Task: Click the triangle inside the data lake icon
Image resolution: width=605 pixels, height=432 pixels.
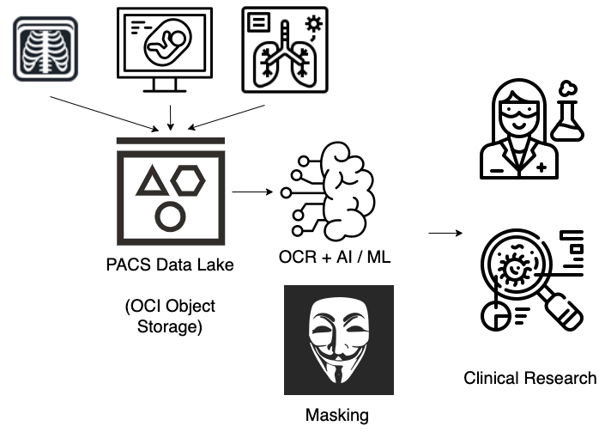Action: pyautogui.click(x=153, y=181)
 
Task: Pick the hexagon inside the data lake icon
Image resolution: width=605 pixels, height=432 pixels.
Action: pyautogui.click(x=189, y=181)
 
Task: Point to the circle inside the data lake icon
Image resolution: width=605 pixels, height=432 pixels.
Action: pyautogui.click(x=171, y=215)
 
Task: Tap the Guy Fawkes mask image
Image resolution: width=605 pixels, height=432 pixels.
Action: pyautogui.click(x=338, y=340)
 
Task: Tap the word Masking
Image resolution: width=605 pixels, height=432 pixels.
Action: pyautogui.click(x=337, y=416)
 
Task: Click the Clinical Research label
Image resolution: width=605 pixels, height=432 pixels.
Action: pyautogui.click(x=529, y=377)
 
